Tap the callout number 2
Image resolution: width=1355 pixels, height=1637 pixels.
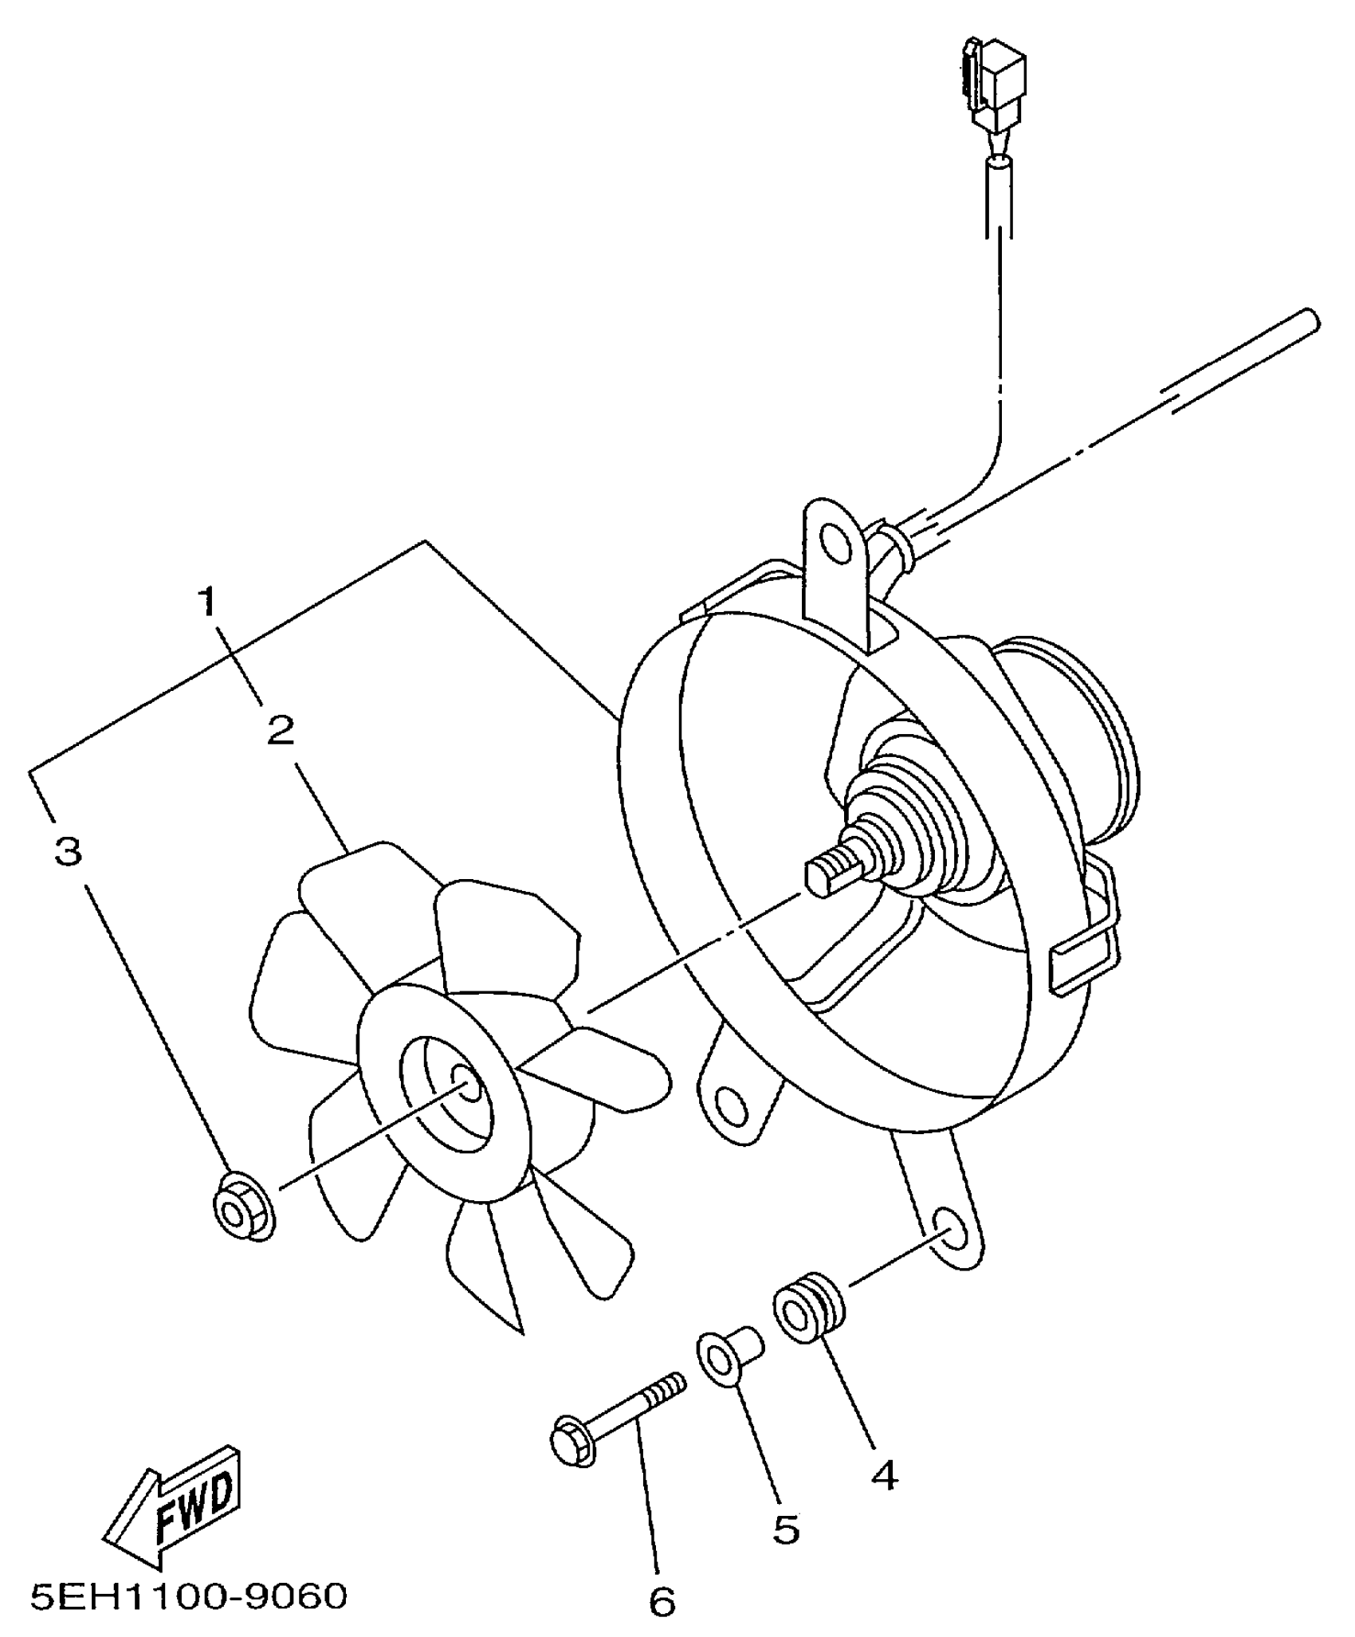(x=280, y=730)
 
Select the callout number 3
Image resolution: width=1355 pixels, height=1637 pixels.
(x=69, y=852)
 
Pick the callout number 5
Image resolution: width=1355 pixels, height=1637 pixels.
(x=786, y=1529)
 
